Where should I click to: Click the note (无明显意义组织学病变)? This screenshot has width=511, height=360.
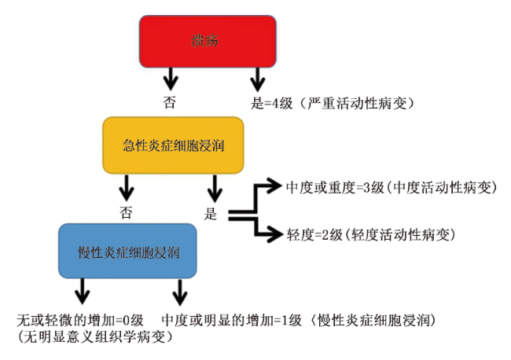click(94, 337)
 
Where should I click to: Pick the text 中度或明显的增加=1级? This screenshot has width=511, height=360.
click(228, 321)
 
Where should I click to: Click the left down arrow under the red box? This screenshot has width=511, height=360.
click(171, 79)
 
